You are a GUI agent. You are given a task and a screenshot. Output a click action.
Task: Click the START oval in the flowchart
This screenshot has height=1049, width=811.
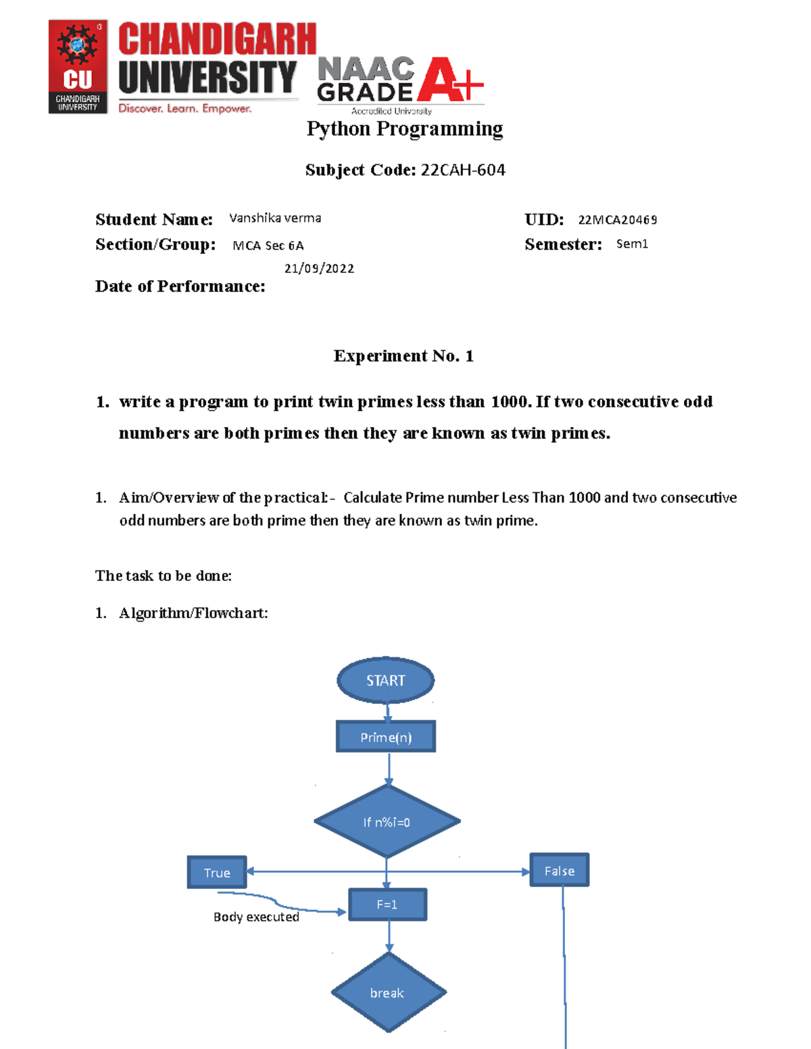[x=385, y=680]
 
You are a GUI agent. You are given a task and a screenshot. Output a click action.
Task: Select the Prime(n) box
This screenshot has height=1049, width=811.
[x=386, y=737]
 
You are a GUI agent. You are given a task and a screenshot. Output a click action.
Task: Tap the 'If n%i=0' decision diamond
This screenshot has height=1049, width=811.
[x=387, y=822]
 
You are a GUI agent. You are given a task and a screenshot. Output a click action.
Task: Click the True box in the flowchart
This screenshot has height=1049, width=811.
[x=217, y=873]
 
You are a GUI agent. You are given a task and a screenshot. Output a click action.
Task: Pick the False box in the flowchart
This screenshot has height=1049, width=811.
[x=560, y=871]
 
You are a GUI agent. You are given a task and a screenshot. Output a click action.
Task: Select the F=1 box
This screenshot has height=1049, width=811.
[x=387, y=904]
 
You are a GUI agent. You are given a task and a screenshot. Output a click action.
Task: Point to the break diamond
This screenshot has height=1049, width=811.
[x=388, y=993]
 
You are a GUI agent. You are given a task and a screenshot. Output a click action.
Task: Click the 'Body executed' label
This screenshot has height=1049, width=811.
[x=256, y=917]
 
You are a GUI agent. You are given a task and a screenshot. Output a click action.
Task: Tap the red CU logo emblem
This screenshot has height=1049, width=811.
[x=78, y=66]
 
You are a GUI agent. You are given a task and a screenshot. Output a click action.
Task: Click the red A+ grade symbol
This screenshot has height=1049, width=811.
[x=449, y=80]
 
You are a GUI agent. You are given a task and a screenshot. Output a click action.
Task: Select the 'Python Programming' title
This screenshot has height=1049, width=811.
[x=405, y=128]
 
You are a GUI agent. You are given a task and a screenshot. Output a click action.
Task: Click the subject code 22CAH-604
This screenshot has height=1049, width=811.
[x=463, y=170]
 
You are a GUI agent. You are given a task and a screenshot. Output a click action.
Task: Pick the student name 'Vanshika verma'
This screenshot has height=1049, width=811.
[x=275, y=218]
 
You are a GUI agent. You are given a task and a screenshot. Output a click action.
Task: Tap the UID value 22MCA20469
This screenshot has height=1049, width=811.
[x=618, y=220]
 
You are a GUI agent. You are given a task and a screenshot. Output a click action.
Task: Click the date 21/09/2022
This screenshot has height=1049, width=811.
[x=319, y=268]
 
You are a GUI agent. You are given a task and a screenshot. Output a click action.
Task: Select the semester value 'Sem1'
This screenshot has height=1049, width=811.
[x=632, y=244]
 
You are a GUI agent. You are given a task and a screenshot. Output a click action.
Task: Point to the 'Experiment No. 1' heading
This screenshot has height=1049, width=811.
[x=403, y=356]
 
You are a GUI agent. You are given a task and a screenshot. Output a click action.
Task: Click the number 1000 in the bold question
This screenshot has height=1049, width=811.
[x=510, y=402]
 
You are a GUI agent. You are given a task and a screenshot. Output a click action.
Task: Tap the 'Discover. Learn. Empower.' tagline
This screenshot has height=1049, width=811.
[x=185, y=108]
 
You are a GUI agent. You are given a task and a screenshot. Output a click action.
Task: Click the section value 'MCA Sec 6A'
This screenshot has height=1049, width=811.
[x=268, y=245]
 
